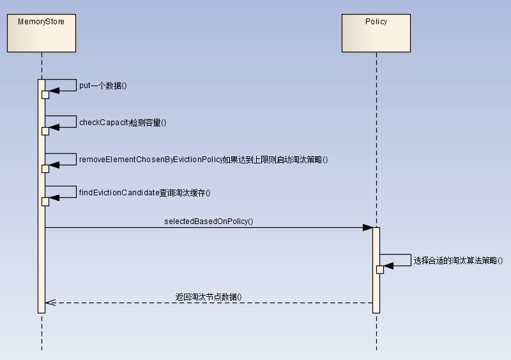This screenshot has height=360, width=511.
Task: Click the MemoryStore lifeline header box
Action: coord(41,33)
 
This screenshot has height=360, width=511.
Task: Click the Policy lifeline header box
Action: coord(376,33)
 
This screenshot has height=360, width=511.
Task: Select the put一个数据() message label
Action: coord(103,86)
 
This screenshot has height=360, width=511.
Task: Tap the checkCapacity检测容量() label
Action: coord(123,122)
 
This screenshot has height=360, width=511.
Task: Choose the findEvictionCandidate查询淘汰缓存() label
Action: coord(144,192)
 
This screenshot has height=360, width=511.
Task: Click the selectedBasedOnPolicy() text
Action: coord(209,221)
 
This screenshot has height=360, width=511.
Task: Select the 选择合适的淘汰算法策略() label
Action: coord(458,260)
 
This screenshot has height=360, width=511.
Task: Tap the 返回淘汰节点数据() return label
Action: coord(209,297)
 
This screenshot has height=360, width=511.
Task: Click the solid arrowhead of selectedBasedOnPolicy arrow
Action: coord(368,227)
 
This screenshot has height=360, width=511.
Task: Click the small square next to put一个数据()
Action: coord(45,94)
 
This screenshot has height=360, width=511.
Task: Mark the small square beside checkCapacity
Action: coord(45,131)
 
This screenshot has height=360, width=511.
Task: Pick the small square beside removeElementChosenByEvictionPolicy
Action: coord(45,169)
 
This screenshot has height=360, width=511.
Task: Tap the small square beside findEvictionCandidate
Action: coord(45,202)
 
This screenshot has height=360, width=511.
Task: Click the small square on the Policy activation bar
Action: coord(379,269)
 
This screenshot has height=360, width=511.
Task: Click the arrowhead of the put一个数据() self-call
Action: coord(54,91)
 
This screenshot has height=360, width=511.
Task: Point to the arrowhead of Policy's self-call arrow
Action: coord(388,266)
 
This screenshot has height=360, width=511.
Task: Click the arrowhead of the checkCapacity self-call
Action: coord(54,127)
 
